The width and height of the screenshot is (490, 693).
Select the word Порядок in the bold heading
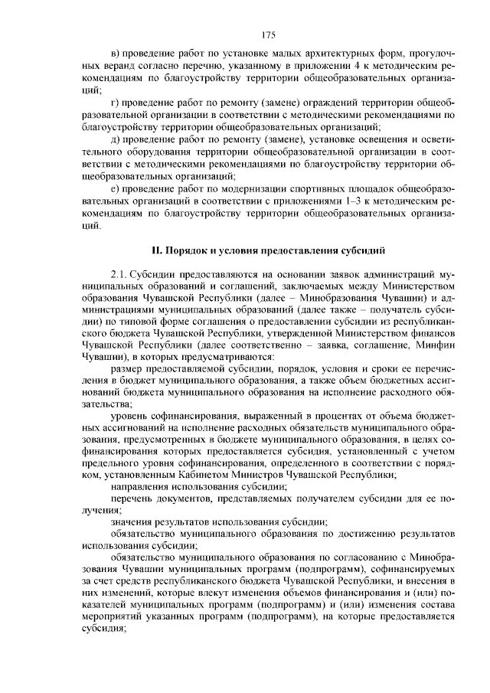[182, 250]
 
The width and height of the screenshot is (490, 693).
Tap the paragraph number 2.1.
[119, 273]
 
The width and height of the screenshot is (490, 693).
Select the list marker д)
[116, 139]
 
